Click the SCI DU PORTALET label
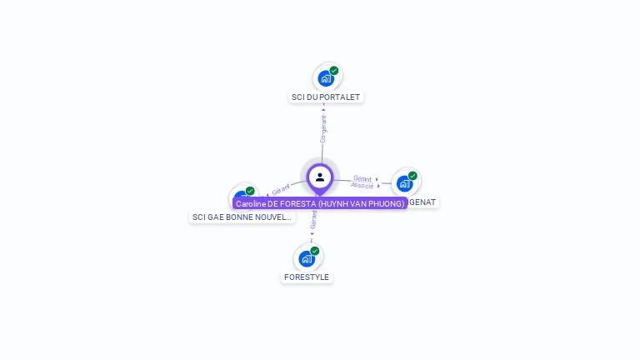pyautogui.click(x=326, y=97)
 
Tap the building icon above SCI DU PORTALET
pyautogui.click(x=326, y=78)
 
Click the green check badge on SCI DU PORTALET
pyautogui.click(x=334, y=71)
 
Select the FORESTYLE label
pyautogui.click(x=307, y=277)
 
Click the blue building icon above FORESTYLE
pyautogui.click(x=307, y=258)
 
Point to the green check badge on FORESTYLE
pyautogui.click(x=315, y=251)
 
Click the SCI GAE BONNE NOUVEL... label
pyautogui.click(x=242, y=217)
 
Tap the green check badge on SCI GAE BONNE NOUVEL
pyautogui.click(x=250, y=191)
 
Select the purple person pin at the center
pyautogui.click(x=320, y=177)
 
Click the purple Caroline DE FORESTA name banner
pyautogui.click(x=320, y=203)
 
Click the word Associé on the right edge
pyautogui.click(x=362, y=185)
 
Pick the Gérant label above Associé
pyautogui.click(x=362, y=178)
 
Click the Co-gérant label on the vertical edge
pyautogui.click(x=323, y=128)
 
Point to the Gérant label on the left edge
pyautogui.click(x=280, y=190)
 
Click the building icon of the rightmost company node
pyautogui.click(x=405, y=183)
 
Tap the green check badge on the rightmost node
pyautogui.click(x=412, y=176)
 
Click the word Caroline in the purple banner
pyautogui.click(x=251, y=203)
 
